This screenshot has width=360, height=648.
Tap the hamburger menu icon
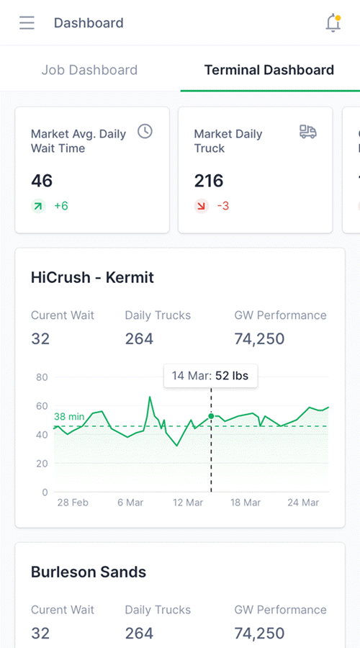click(27, 23)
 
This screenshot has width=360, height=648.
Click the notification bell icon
click(333, 23)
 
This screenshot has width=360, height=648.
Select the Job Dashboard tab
click(89, 70)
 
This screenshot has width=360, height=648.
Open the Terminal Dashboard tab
click(269, 70)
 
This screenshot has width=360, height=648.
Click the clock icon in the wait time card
click(145, 131)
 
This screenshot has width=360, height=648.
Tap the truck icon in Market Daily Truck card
click(308, 131)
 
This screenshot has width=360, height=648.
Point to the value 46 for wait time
click(42, 181)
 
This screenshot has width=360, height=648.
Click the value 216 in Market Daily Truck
click(209, 181)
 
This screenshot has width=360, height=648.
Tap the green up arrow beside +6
click(38, 206)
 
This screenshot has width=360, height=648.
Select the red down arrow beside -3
click(202, 206)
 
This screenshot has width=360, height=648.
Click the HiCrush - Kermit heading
click(92, 277)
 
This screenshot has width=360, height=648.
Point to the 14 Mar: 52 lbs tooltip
click(210, 376)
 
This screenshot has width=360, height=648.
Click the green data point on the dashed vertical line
click(211, 416)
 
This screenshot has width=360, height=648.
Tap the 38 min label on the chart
click(69, 417)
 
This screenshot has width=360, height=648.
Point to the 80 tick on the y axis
click(42, 377)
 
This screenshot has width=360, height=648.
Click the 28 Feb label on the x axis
click(73, 503)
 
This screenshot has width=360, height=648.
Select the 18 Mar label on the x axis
click(245, 503)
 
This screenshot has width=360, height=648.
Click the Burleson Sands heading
click(89, 572)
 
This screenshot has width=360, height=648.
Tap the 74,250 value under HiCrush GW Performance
click(260, 338)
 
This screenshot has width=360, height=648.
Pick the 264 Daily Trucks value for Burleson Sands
click(139, 633)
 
